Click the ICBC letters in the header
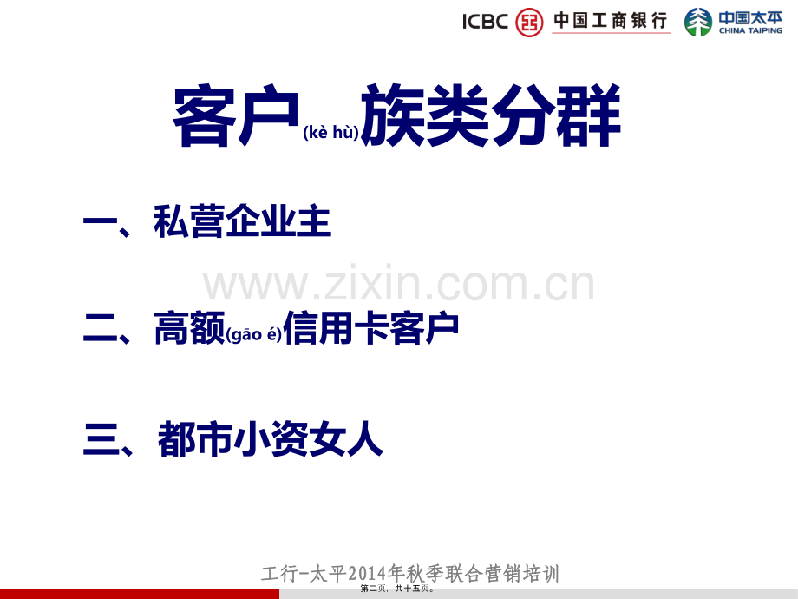[485, 22]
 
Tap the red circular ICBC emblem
[529, 22]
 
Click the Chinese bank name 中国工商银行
[611, 21]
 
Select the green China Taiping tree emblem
[698, 22]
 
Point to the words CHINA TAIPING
[749, 31]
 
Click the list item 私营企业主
[242, 222]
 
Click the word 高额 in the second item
[189, 329]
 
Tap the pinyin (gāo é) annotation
[253, 336]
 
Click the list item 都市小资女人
[270, 439]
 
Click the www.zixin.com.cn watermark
[399, 285]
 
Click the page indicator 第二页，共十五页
[400, 589]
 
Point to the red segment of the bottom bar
[139, 594]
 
